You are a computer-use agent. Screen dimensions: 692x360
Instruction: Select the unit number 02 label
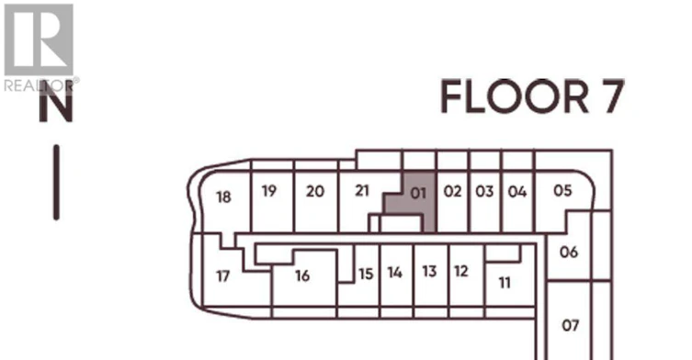452,191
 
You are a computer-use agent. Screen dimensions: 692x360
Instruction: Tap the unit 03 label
484,191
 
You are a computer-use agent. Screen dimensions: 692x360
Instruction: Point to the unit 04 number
517,191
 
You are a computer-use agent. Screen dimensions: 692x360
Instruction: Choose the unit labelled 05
562,191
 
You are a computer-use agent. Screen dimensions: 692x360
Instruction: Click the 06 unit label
569,252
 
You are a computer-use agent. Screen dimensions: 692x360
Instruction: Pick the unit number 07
570,326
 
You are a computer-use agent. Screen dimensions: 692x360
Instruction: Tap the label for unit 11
505,282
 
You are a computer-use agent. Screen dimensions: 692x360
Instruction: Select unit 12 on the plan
461,271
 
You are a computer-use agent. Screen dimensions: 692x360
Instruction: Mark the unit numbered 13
429,271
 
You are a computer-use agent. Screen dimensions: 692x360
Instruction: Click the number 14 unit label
395,273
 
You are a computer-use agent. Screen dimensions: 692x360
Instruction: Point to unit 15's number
366,274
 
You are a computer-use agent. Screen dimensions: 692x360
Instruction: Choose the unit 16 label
302,276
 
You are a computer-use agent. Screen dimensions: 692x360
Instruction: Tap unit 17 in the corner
223,276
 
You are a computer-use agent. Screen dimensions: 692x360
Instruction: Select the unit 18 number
223,197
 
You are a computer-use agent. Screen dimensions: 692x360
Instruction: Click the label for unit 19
269,191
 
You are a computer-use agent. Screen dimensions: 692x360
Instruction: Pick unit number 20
315,191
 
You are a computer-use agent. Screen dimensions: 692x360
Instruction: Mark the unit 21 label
362,191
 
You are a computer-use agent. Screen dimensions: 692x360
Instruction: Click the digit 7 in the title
612,96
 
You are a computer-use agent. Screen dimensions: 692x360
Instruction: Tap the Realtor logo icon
39,39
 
